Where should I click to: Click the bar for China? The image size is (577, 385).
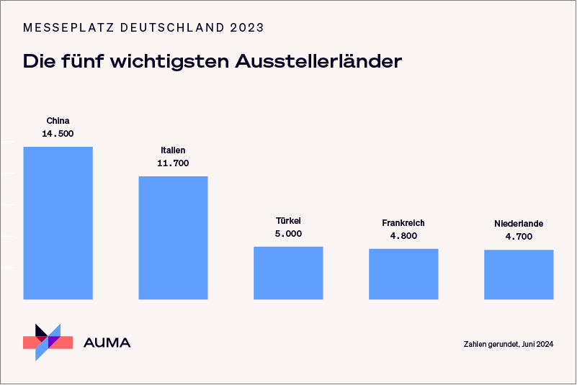tap(58, 222)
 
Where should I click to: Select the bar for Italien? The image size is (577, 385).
tap(173, 237)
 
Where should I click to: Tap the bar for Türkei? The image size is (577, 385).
tap(288, 273)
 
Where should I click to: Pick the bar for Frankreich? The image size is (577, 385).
tap(403, 273)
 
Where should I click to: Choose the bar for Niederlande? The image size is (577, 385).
tap(519, 274)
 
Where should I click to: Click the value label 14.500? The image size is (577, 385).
tap(58, 134)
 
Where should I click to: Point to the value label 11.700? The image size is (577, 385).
tap(173, 163)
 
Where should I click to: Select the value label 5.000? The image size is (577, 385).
tap(288, 234)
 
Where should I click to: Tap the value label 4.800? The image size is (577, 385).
tap(403, 236)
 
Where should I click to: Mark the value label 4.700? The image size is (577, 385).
tap(519, 237)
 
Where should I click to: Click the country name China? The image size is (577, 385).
tap(58, 121)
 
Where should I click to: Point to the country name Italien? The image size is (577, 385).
tap(173, 150)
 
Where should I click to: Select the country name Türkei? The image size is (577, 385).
tap(288, 221)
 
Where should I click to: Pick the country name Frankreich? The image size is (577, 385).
tap(403, 223)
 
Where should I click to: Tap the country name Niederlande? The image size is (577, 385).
tap(519, 224)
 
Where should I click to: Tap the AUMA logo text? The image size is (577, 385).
tap(107, 343)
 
